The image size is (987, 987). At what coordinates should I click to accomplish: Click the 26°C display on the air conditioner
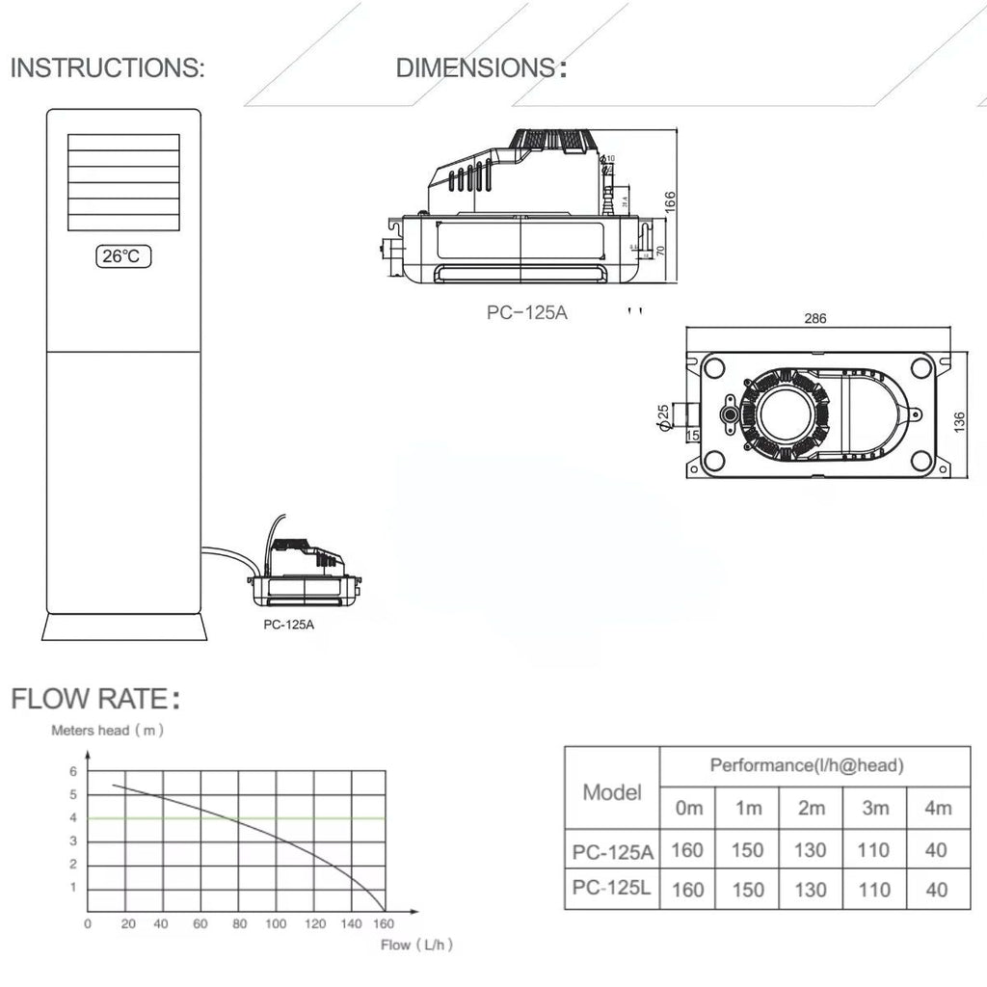coord(123,256)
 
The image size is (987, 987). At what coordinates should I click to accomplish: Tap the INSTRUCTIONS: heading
coord(107,68)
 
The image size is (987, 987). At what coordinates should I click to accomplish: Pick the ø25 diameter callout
coord(663,416)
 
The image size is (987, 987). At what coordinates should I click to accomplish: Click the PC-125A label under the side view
coord(527,312)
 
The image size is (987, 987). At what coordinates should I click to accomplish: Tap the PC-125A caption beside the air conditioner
coord(289,624)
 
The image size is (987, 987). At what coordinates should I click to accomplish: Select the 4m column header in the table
coord(937,808)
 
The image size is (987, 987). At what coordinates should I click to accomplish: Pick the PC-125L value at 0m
coord(687,889)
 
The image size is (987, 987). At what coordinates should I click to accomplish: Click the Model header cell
coord(612,793)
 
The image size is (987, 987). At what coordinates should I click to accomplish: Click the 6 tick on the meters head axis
coord(72,771)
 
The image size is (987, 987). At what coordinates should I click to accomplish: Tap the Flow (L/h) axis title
coord(416,946)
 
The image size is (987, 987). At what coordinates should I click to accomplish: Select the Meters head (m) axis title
coord(107,731)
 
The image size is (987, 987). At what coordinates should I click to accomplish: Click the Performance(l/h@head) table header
coord(806,766)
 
